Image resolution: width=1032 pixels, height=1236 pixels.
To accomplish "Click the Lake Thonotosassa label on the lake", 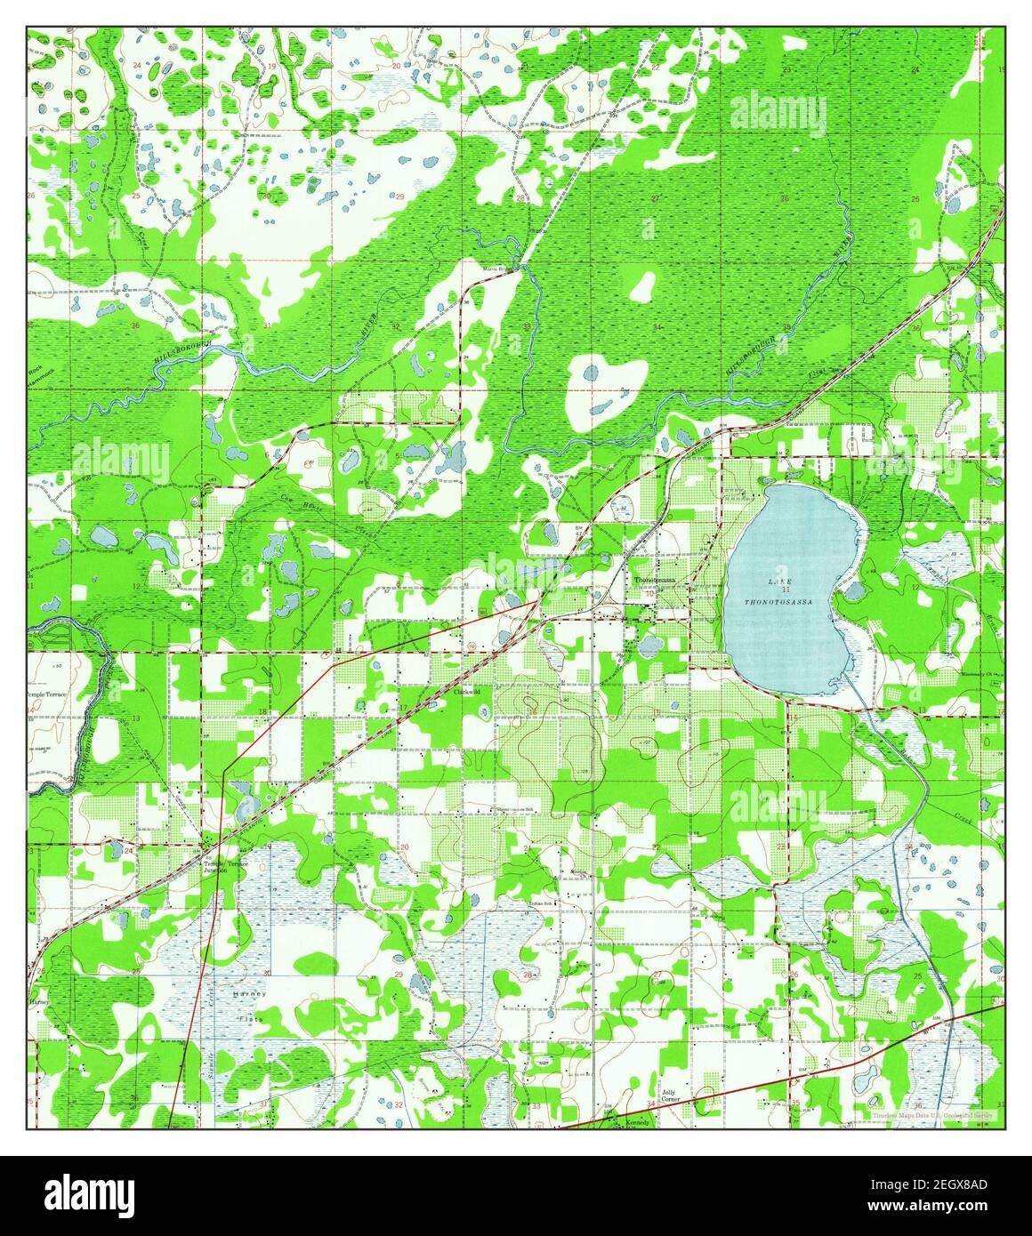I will (x=778, y=591).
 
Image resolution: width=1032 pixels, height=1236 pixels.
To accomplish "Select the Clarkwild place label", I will (x=467, y=691).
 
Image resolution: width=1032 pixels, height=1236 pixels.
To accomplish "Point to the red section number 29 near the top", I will (x=399, y=197).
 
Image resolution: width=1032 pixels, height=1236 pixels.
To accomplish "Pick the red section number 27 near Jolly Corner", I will (x=657, y=976).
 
